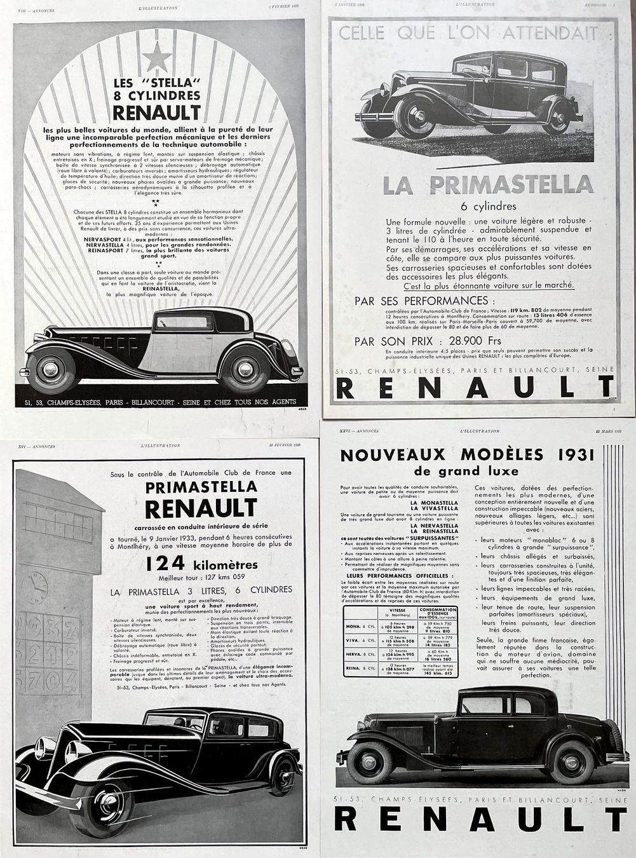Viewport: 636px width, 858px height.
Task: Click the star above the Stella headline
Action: pyautogui.click(x=157, y=58)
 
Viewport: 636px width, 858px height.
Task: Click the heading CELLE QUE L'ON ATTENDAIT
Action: pyautogui.click(x=477, y=32)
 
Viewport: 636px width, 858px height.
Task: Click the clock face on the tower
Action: pyautogui.click(x=35, y=587)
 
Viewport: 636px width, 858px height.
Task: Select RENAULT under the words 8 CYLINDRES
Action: pyautogui.click(x=156, y=112)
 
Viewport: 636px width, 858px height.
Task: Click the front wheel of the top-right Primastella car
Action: pyautogui.click(x=413, y=117)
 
